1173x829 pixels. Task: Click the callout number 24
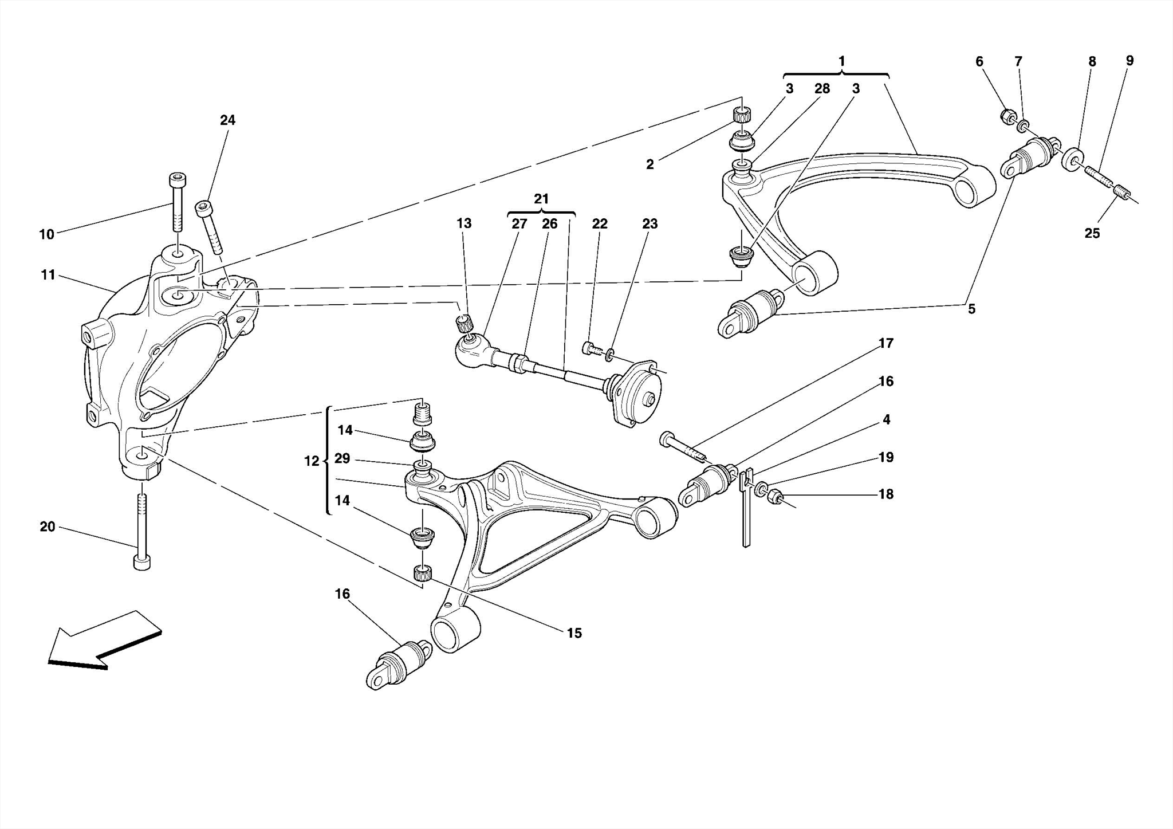(x=227, y=120)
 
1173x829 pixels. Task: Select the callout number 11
(x=48, y=275)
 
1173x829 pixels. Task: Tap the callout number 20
(x=48, y=527)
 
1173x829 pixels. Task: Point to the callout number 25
(x=1092, y=233)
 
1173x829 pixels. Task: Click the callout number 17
(x=885, y=343)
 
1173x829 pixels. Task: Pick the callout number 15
(x=574, y=633)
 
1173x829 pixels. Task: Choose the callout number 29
(x=342, y=459)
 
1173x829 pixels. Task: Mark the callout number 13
(x=464, y=223)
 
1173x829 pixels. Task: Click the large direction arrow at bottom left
(x=103, y=641)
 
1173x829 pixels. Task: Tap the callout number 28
(x=822, y=89)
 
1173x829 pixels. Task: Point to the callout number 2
(x=650, y=165)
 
